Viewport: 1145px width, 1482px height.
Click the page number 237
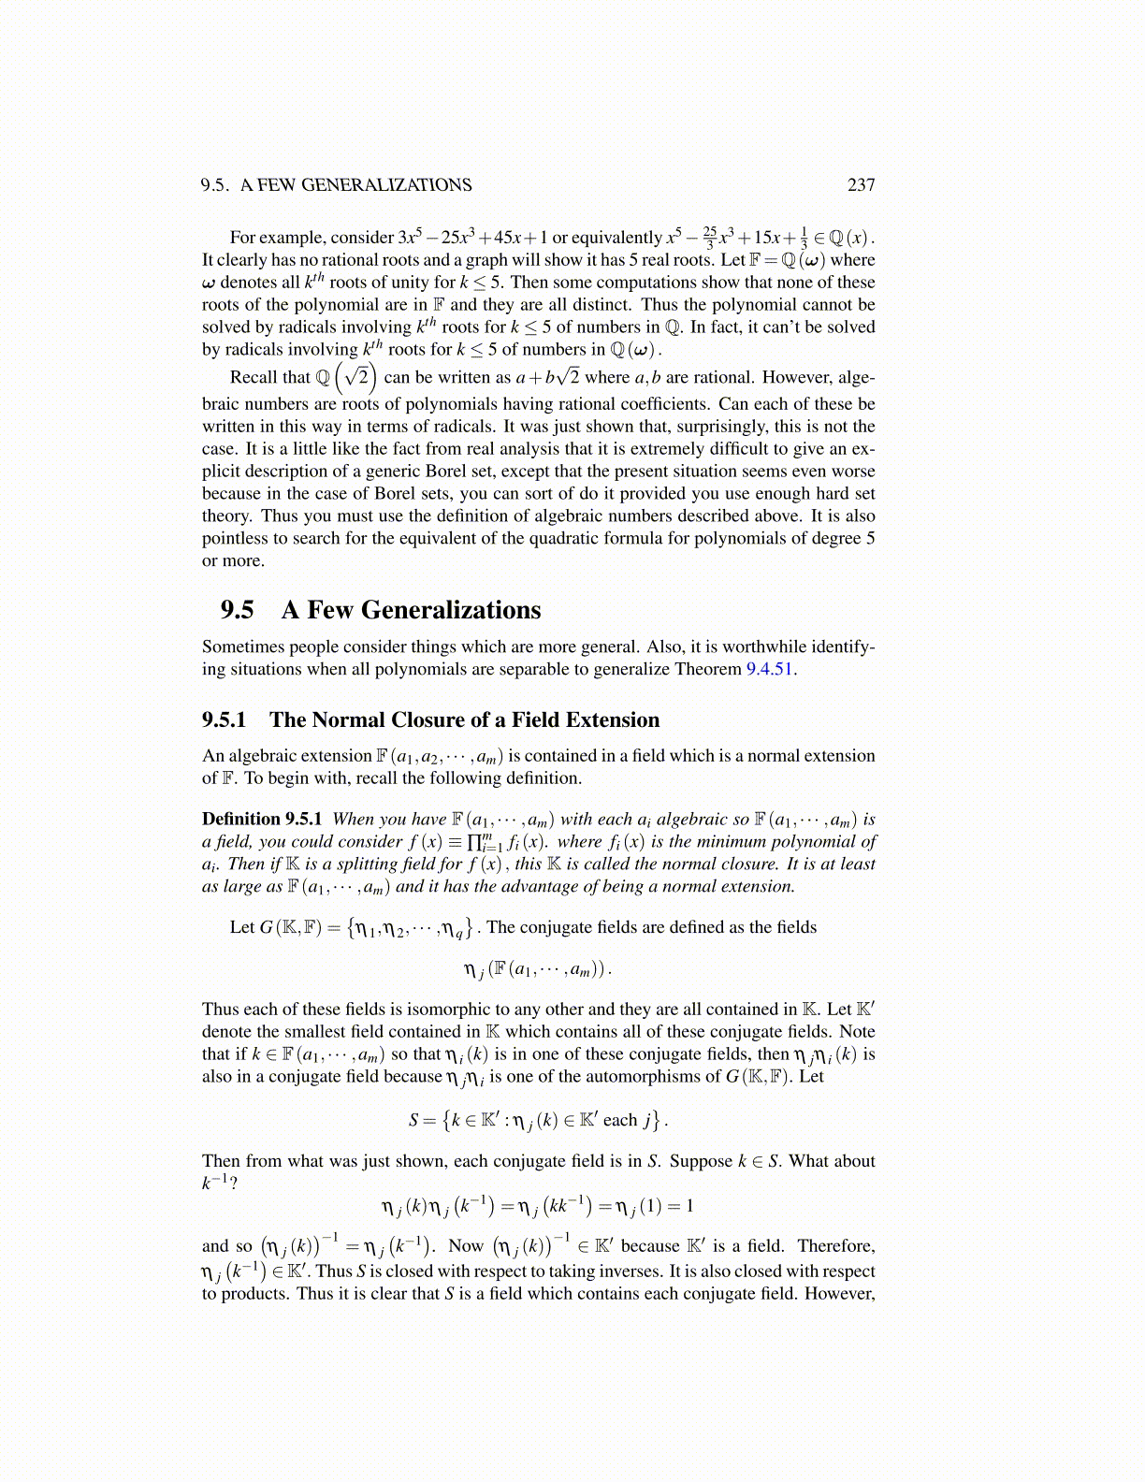861,185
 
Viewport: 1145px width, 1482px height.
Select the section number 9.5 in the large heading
237,610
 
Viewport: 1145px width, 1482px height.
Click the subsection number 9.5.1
225,719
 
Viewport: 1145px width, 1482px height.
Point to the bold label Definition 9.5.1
262,819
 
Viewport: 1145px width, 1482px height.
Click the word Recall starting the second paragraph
254,377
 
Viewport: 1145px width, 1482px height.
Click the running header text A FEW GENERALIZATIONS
355,185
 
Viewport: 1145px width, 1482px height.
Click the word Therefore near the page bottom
835,1246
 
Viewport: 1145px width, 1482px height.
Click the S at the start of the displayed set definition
413,1120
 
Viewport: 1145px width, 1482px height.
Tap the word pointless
235,538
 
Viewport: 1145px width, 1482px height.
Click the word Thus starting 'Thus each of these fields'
220,1010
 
